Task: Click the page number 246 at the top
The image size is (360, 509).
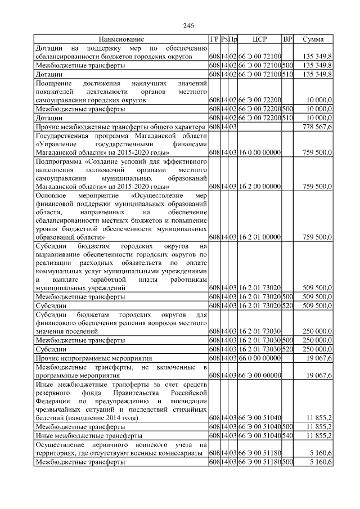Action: [x=188, y=26]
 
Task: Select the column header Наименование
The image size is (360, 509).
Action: [x=121, y=39]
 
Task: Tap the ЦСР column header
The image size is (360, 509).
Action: [x=259, y=39]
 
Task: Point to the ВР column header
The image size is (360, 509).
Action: [x=287, y=39]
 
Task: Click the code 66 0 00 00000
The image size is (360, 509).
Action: [x=259, y=358]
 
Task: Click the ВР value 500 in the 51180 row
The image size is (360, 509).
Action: [x=287, y=461]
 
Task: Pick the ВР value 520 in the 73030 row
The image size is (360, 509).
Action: [x=287, y=349]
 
